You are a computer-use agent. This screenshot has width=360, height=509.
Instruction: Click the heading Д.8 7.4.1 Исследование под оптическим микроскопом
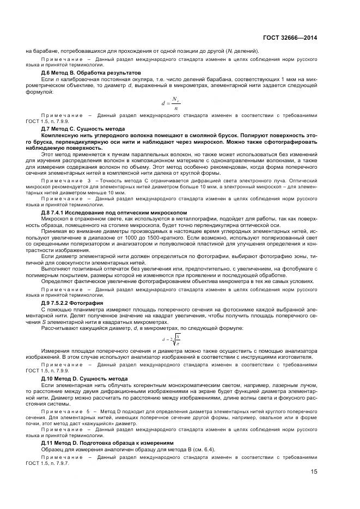coord(114,212)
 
